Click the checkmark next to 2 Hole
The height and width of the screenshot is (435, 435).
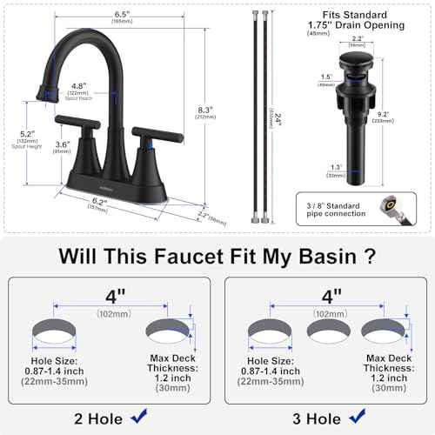coord(137,417)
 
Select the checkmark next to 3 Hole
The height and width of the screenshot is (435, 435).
coord(352,417)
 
